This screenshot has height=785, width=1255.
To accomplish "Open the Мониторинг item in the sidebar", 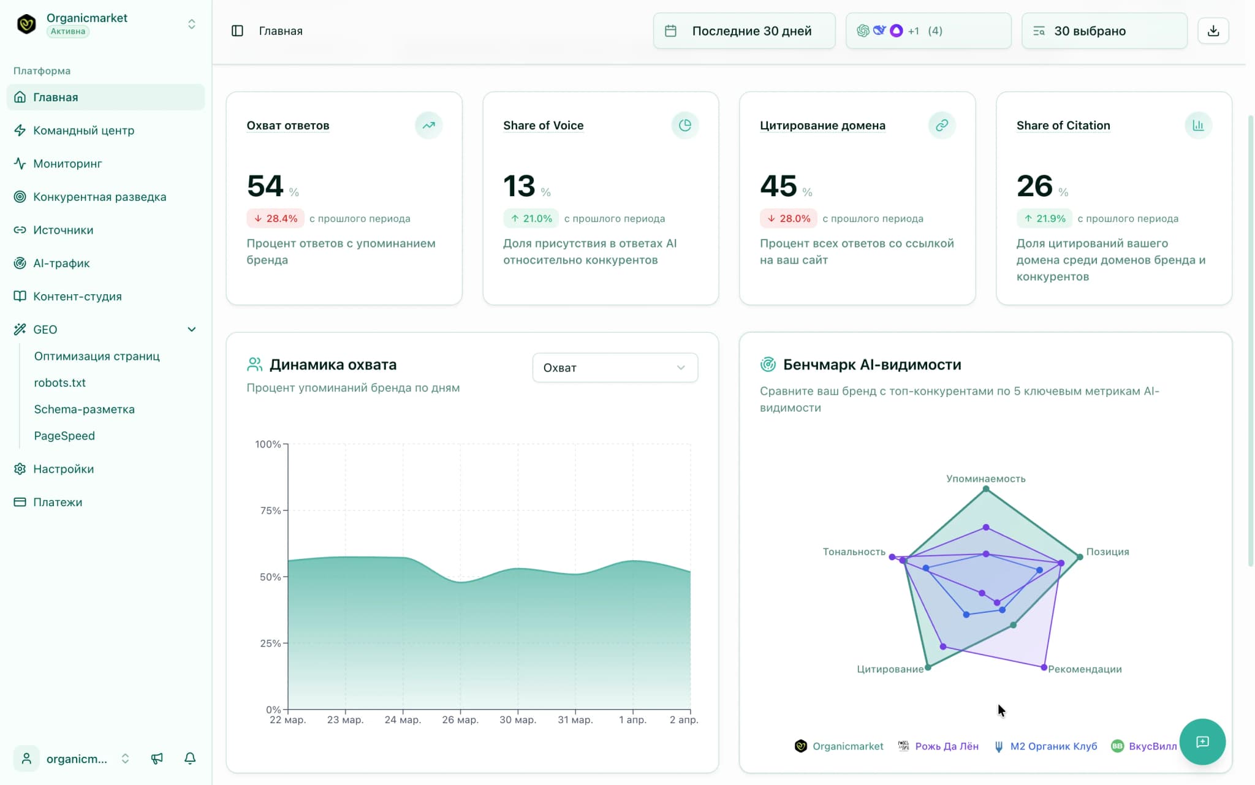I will [67, 164].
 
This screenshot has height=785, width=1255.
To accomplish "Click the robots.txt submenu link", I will [59, 382].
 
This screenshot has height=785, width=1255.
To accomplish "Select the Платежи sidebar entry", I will [57, 502].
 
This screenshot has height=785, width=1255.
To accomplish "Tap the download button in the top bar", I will [1213, 31].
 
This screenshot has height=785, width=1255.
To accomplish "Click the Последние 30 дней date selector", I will [744, 31].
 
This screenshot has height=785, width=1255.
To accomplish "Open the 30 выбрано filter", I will [1104, 31].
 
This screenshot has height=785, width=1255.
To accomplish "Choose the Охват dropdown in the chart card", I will [615, 368].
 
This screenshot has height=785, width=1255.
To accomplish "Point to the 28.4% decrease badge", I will [276, 218].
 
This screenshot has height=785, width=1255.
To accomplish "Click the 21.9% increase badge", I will [1044, 218].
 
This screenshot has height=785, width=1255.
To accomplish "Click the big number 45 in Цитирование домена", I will [778, 186].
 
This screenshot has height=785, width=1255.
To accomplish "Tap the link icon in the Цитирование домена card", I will [941, 125].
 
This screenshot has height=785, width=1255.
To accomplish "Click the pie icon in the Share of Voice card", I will [684, 125].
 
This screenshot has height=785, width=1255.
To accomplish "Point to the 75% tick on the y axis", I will [270, 510].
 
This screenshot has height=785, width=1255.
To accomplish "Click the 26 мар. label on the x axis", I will [460, 719].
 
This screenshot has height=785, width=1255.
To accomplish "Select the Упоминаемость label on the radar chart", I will [985, 479].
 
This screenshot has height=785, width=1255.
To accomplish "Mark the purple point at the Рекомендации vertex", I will [1044, 667].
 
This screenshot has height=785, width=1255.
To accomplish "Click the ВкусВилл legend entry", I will [1145, 746].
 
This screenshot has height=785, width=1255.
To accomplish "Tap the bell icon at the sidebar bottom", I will [190, 759].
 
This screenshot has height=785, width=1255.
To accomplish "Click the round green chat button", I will [1202, 741].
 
